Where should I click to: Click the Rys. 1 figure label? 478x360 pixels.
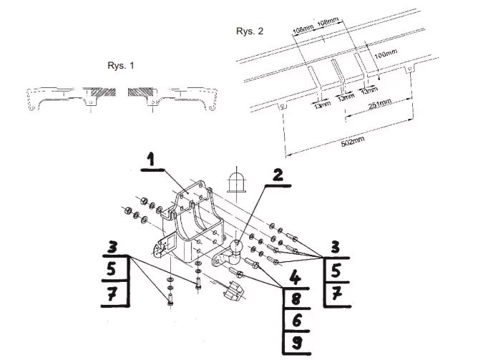121,65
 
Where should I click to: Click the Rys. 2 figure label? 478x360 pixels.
250,31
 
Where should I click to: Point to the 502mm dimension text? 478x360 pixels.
353,142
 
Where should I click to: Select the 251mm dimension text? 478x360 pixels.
380,104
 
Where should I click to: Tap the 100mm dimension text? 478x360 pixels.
386,54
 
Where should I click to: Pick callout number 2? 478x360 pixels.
278,175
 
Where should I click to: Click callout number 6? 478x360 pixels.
297,320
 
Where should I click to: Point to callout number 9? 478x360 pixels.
297,342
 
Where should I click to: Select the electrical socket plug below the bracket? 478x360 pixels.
233,291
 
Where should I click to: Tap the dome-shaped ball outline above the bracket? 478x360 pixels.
237,182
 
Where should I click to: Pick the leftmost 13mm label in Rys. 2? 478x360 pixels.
323,104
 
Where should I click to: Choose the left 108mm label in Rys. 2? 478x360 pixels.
303,29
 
